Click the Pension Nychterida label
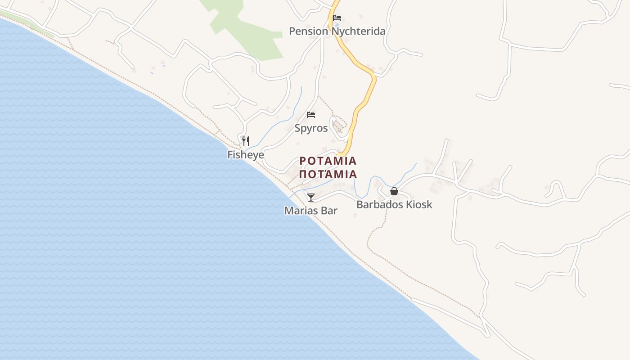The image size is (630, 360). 337,31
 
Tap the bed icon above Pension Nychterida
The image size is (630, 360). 337,18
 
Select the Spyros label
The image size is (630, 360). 311,128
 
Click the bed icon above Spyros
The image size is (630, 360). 311,115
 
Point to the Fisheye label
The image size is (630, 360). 245,155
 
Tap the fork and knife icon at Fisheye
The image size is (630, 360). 245,141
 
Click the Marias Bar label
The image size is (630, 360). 310,211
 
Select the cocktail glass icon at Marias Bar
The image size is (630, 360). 311,197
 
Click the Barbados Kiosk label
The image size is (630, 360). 394,205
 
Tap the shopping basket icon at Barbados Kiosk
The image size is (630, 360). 394,191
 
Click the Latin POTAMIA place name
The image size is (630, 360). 328,161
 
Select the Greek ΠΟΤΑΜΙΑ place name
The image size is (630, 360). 328,174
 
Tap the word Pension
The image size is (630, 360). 309,31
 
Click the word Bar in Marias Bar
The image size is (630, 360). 329,211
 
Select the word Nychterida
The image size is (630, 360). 358,31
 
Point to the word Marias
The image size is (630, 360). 301,211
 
